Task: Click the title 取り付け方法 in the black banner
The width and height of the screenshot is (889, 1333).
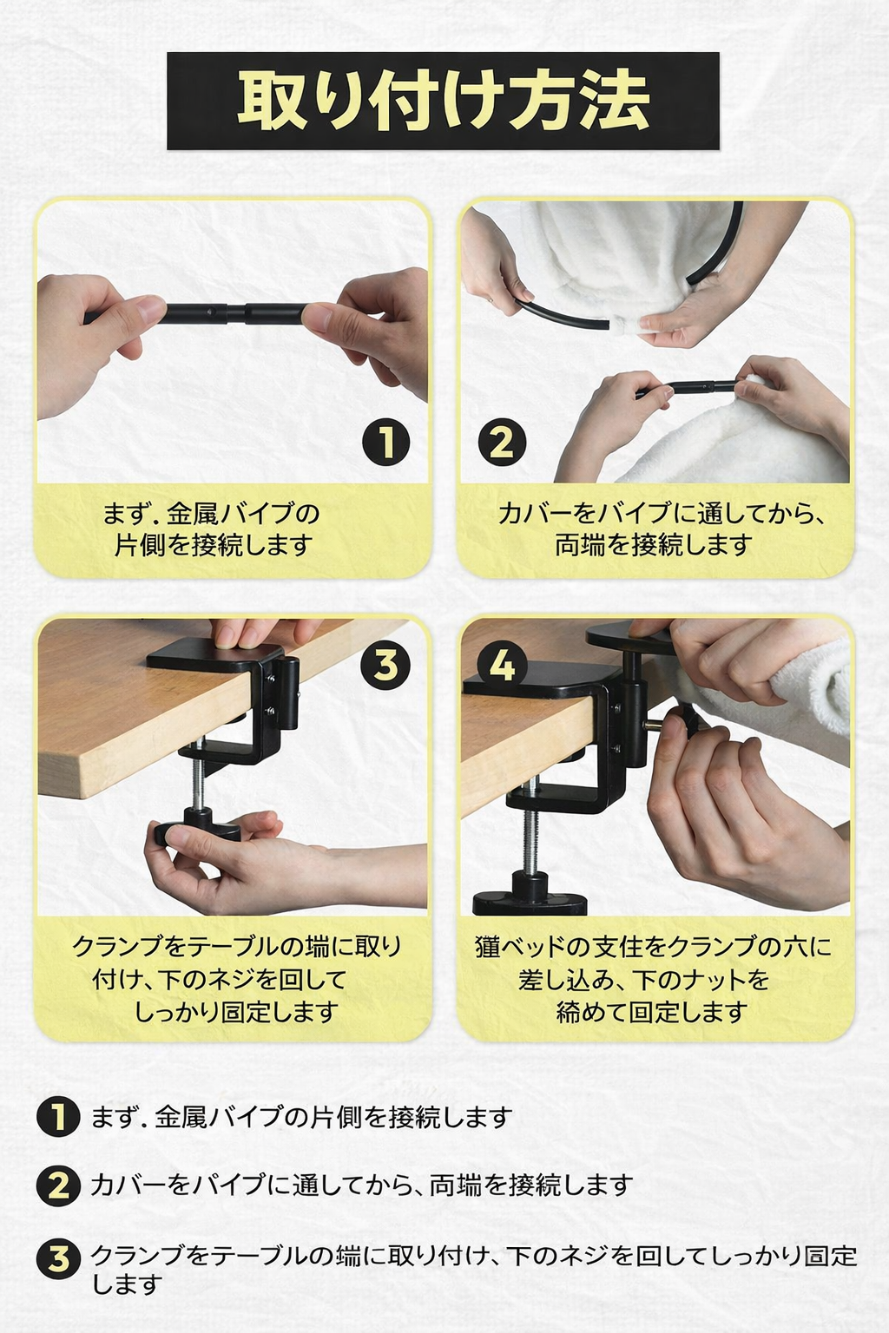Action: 443,101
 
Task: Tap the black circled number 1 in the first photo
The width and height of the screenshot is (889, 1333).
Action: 385,441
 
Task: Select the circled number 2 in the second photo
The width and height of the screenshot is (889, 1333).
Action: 502,441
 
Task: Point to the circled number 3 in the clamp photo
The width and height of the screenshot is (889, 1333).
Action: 385,665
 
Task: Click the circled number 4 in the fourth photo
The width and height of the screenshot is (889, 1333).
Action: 503,666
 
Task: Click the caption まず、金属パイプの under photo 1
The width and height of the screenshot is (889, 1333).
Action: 211,513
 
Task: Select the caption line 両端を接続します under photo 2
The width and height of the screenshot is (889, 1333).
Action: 653,545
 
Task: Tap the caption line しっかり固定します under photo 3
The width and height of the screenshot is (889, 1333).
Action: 236,1012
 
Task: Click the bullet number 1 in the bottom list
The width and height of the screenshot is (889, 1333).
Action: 58,1117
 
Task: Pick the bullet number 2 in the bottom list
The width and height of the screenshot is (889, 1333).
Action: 58,1185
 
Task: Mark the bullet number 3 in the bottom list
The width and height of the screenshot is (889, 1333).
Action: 58,1258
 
